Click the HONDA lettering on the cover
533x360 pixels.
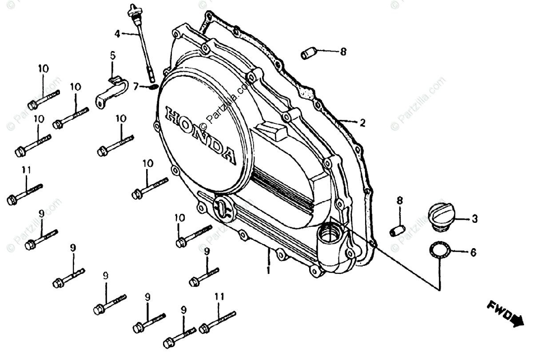click(x=200, y=135)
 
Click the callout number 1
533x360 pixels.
click(x=268, y=270)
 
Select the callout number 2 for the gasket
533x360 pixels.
click(x=362, y=123)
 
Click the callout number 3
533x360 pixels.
click(x=474, y=218)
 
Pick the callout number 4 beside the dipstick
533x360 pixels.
click(x=117, y=33)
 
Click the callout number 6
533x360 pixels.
click(x=473, y=253)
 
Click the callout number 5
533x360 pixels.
click(x=112, y=56)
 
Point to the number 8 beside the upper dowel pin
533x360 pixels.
click(x=343, y=52)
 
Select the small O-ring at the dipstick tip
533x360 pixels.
click(x=152, y=86)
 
